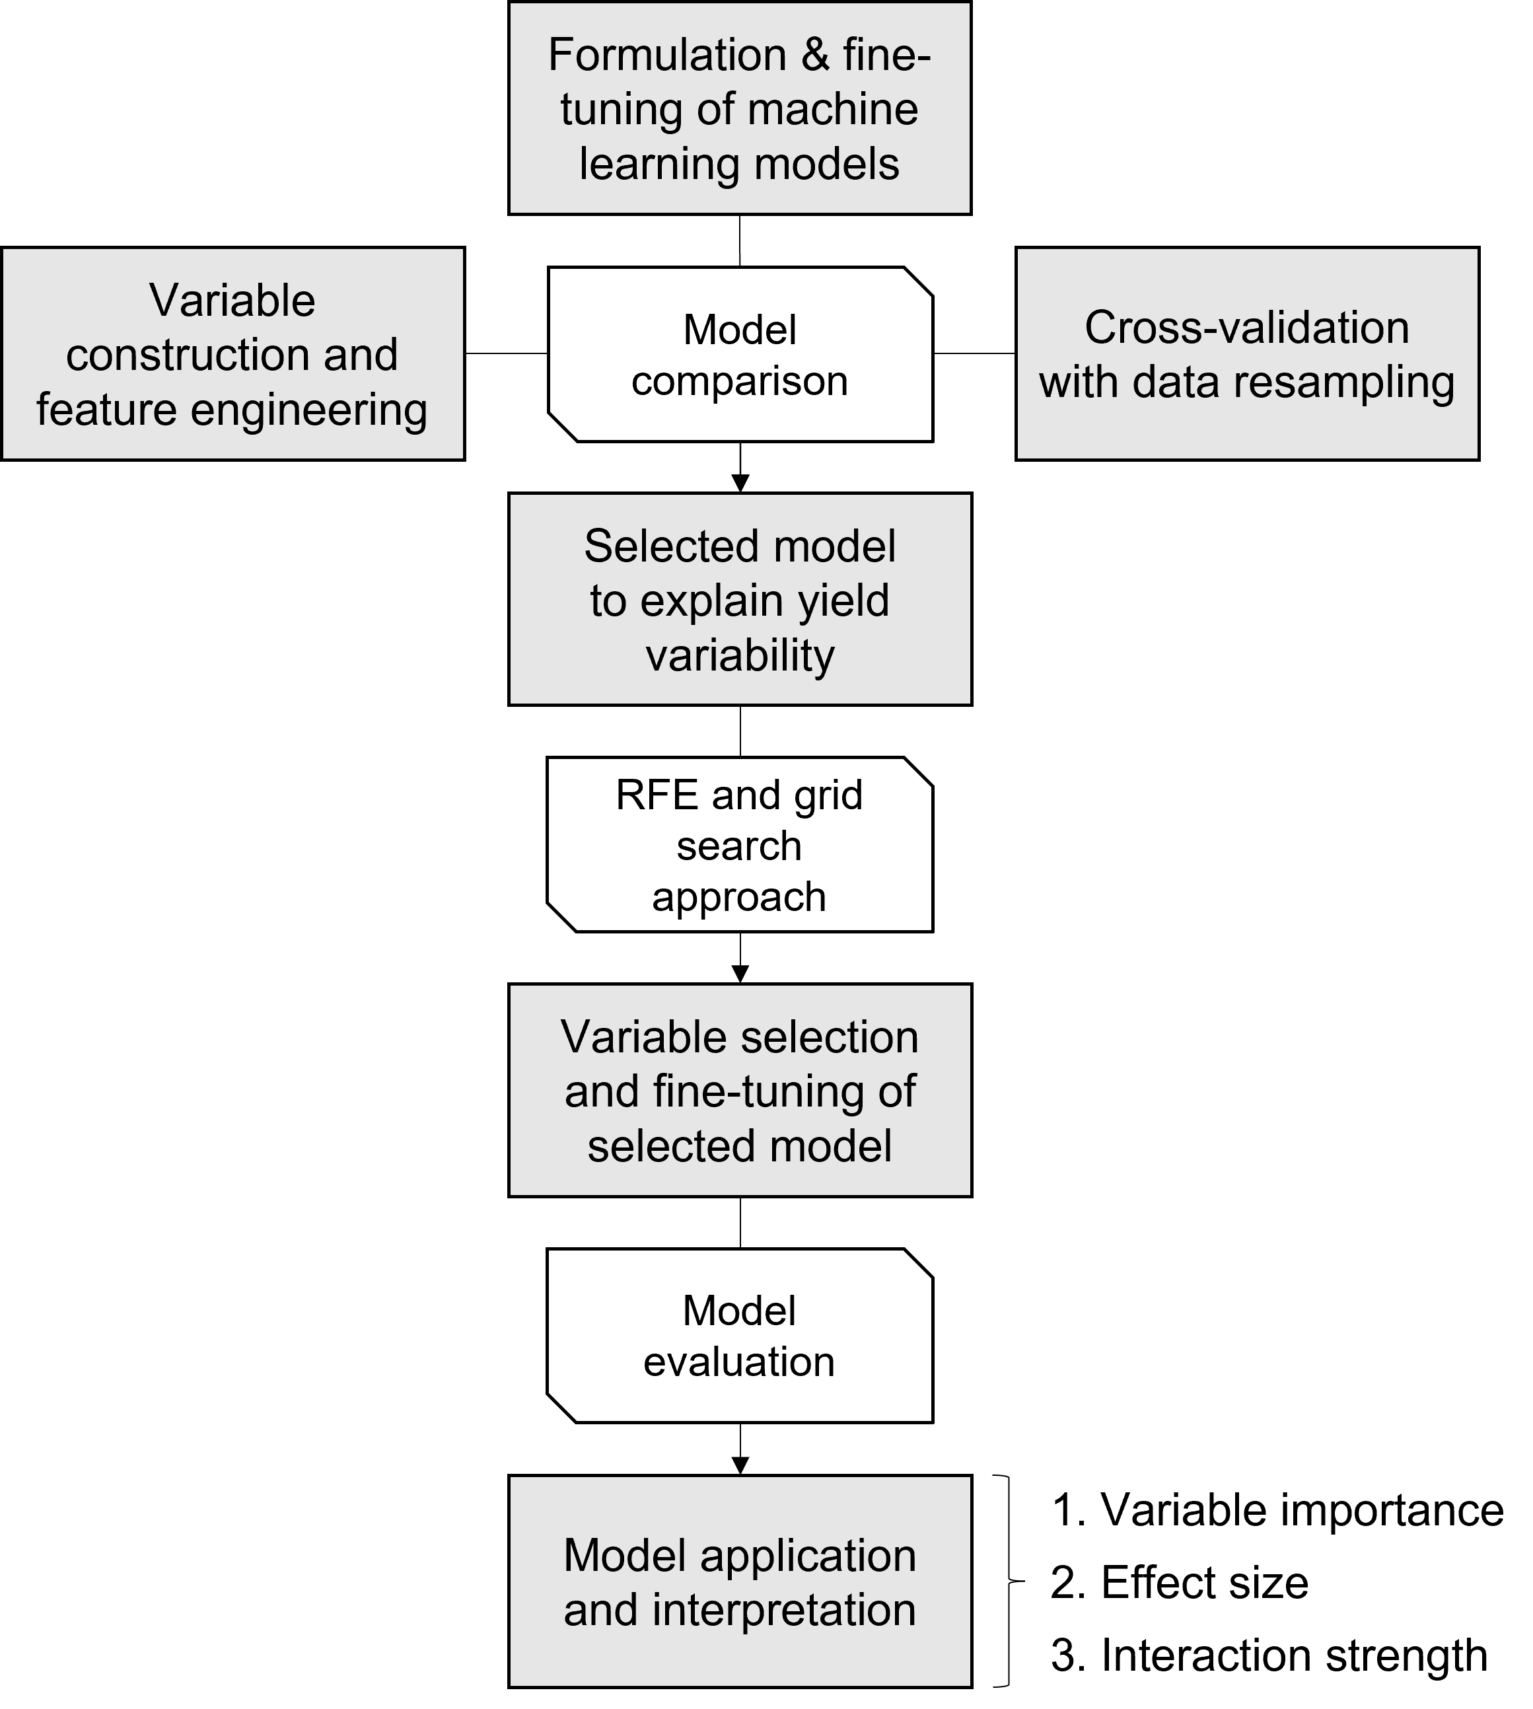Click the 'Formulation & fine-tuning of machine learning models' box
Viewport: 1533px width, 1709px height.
[740, 108]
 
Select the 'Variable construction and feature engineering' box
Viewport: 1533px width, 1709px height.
[233, 354]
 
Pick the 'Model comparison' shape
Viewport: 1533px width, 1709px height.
[740, 355]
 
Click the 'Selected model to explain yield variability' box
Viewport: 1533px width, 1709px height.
[740, 599]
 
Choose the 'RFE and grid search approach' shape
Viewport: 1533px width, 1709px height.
[740, 844]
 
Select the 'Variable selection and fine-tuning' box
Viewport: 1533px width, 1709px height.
[740, 1090]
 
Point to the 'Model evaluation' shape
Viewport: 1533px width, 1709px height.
[740, 1335]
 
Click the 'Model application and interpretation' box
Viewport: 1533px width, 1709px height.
[740, 1581]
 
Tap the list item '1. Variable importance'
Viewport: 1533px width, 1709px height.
[1277, 1509]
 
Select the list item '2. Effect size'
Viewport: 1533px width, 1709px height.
[1179, 1582]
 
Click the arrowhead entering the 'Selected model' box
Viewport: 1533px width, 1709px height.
[740, 484]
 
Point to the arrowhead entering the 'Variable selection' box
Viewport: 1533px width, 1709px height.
[740, 974]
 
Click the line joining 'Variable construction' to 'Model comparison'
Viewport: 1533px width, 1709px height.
[506, 354]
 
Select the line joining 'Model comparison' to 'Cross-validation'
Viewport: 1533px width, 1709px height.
[974, 354]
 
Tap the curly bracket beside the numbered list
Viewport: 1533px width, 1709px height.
[1007, 1581]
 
